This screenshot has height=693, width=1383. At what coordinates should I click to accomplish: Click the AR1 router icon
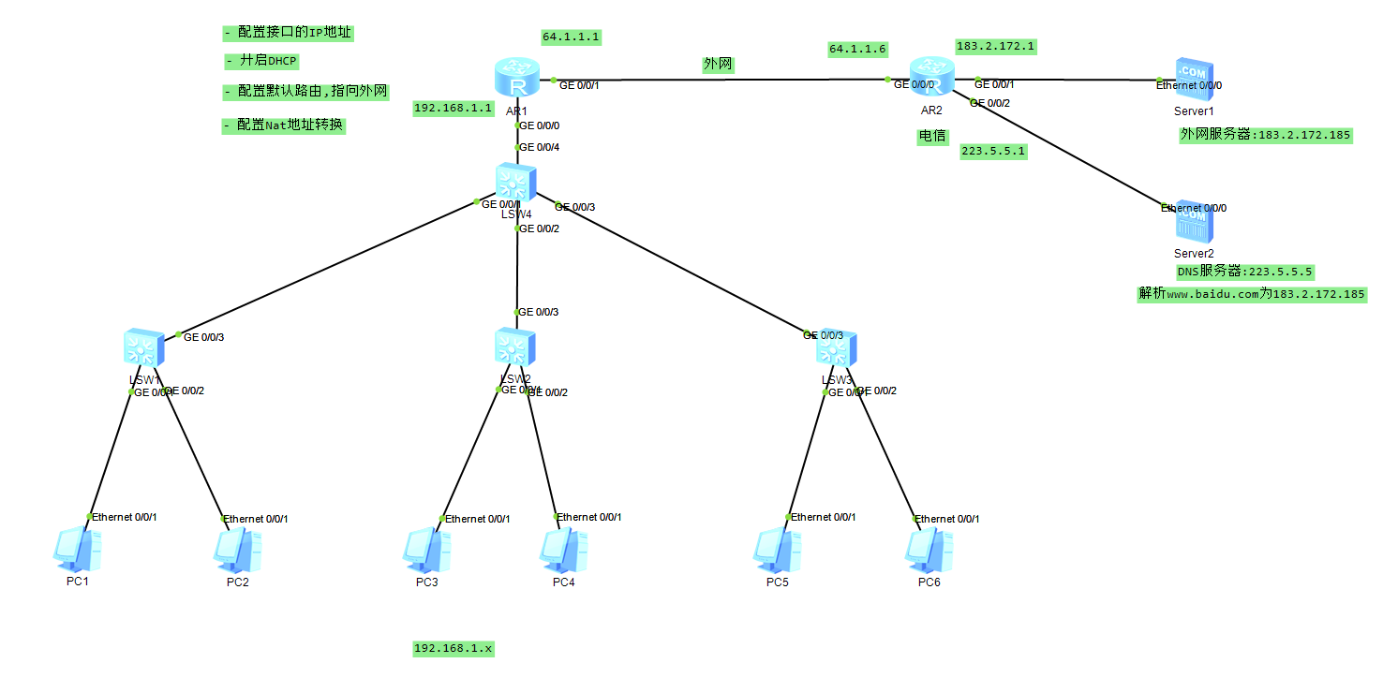pyautogui.click(x=516, y=79)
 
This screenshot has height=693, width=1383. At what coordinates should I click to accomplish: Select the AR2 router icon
pyautogui.click(x=931, y=79)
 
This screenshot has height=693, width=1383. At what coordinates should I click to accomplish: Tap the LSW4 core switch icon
pyautogui.click(x=516, y=184)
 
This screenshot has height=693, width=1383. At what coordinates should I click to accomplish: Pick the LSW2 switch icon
pyautogui.click(x=515, y=348)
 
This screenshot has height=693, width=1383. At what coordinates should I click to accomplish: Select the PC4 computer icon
pyautogui.click(x=563, y=551)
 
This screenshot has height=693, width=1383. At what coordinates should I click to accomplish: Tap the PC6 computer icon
pyautogui.click(x=929, y=551)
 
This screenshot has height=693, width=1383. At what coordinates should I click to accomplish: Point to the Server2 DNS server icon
pyautogui.click(x=1194, y=223)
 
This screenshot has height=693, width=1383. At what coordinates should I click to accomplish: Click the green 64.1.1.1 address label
pyautogui.click(x=571, y=37)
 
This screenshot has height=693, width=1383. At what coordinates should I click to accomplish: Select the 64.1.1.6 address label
pyautogui.click(x=857, y=49)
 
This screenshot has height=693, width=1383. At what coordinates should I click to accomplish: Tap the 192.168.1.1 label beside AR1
pyautogui.click(x=454, y=109)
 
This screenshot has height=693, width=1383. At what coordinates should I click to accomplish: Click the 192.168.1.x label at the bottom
pyautogui.click(x=454, y=648)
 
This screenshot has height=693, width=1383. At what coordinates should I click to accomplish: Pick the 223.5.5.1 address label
pyautogui.click(x=993, y=151)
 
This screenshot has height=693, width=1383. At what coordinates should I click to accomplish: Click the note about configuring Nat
pyautogui.click(x=283, y=125)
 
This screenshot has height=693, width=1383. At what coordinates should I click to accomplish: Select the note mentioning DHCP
pyautogui.click(x=261, y=61)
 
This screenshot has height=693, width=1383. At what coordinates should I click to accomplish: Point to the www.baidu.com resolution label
pyautogui.click(x=1252, y=294)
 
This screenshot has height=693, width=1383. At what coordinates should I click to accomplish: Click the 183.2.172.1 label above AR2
pyautogui.click(x=995, y=46)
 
